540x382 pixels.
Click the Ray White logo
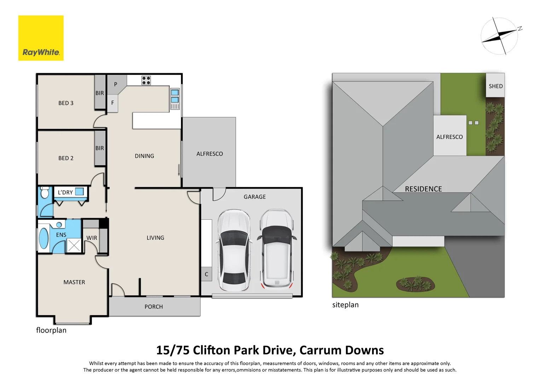pos(41,38)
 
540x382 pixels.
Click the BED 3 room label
pos(66,103)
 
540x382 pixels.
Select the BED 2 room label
pos(66,158)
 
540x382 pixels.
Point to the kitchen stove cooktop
pos(146,80)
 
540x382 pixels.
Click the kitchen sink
pos(175,96)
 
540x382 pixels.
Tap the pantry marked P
pos(116,85)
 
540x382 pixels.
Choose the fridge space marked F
pos(112,103)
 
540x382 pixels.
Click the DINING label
pos(144,156)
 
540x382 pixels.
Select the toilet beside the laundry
pos(45,193)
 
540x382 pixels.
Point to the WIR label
pos(92,238)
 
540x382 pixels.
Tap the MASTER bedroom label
pos(74,282)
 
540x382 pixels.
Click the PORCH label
pos(153,307)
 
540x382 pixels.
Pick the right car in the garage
pos(277,248)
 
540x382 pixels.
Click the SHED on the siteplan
pos(495,86)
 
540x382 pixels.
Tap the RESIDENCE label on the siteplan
pos(423,189)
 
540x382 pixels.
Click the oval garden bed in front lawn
pos(416,284)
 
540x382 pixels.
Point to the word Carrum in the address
pos(320,350)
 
